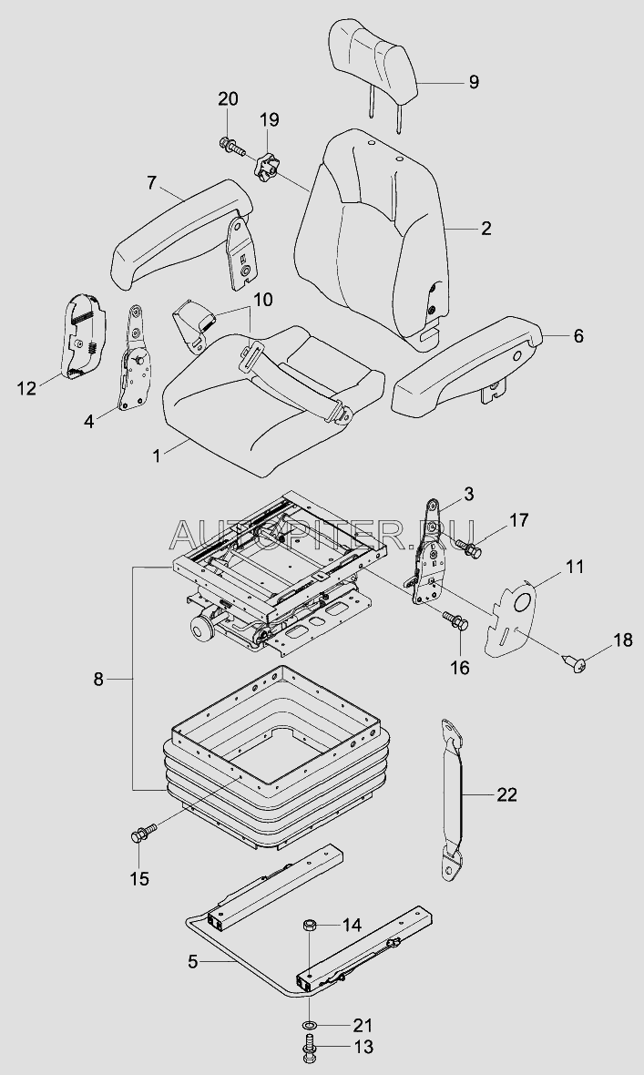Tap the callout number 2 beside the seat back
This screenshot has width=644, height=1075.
[486, 228]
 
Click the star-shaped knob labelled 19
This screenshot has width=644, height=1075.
[267, 168]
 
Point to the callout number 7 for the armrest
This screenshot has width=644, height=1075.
[151, 182]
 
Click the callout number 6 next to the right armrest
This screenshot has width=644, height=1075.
[578, 336]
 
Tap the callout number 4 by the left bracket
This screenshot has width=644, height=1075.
[89, 421]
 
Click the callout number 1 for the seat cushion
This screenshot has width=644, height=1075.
[157, 456]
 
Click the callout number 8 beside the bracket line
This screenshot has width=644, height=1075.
[98, 680]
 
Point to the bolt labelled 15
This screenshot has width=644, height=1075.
[143, 834]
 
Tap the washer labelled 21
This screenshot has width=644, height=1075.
[310, 1025]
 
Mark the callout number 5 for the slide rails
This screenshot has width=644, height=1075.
[193, 962]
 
